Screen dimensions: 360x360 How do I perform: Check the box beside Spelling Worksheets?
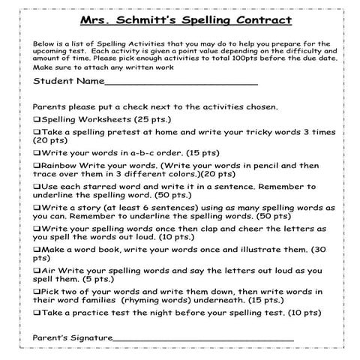pyautogui.click(x=37, y=119)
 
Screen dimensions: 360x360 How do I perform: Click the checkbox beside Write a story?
pyautogui.click(x=37, y=205)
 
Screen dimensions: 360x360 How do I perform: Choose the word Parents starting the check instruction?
pyautogui.click(x=51, y=106)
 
